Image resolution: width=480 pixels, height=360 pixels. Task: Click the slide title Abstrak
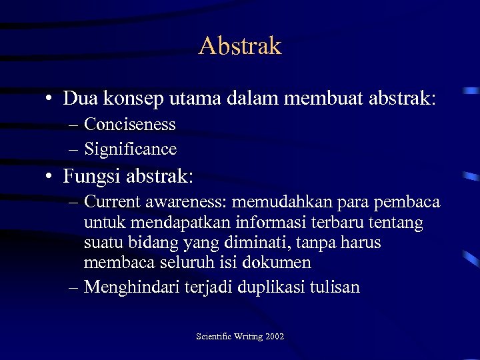[x=240, y=46]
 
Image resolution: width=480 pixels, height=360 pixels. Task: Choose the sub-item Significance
[x=130, y=149]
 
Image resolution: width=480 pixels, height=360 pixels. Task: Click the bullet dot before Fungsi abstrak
[x=50, y=177]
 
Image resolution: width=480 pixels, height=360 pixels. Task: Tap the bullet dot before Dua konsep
[x=50, y=99]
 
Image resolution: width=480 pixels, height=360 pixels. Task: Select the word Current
[x=113, y=202]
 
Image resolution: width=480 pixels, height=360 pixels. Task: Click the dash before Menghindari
[x=73, y=287]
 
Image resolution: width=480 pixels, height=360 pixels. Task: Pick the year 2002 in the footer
[x=274, y=337]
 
